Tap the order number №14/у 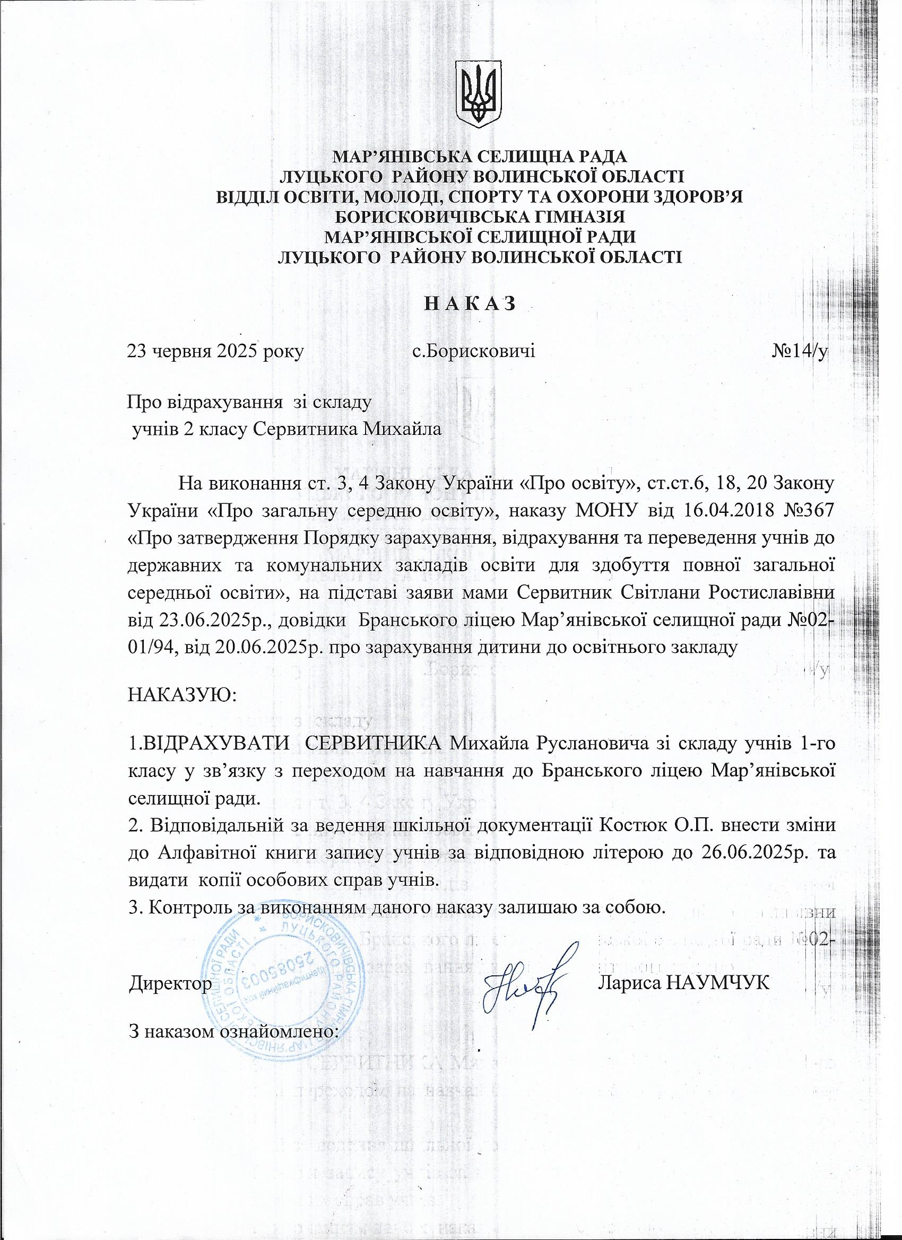tap(799, 351)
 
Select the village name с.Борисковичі tap(473, 351)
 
